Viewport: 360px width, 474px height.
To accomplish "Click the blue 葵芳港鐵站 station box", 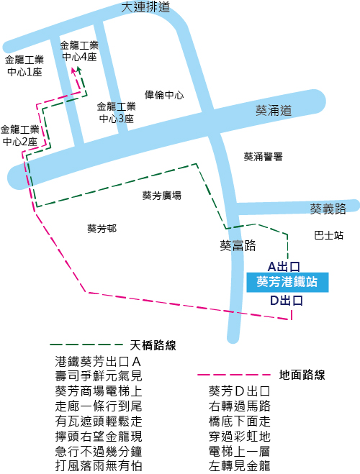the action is (287, 283).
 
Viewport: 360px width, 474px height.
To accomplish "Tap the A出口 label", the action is (284, 267).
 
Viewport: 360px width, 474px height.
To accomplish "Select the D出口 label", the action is (286, 301).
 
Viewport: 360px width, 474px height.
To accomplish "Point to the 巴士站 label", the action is (329, 235).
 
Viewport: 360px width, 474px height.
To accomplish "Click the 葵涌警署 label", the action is (264, 157).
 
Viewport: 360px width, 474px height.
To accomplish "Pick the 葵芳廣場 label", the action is (162, 196).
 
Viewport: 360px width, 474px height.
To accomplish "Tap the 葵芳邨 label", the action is (102, 229).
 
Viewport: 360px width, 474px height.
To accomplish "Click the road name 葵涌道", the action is (274, 111).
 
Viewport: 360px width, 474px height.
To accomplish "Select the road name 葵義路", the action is (328, 209).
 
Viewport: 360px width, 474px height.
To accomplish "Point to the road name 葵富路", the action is (238, 245).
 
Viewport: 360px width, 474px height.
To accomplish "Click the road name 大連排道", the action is (145, 7).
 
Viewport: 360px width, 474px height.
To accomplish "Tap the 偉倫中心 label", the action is (164, 95).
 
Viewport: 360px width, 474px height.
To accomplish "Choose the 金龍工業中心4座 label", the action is (79, 51).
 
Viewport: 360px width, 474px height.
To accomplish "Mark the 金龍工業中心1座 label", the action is (24, 65).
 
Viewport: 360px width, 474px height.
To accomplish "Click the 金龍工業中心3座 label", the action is (117, 112).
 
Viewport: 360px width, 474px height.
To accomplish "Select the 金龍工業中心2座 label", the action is (20, 135).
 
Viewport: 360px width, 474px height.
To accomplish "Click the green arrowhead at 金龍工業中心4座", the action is (79, 70).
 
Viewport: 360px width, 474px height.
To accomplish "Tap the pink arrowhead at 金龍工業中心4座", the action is (73, 70).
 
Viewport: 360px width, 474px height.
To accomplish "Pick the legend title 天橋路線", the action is (153, 345).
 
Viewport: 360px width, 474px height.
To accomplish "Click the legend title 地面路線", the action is (302, 375).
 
